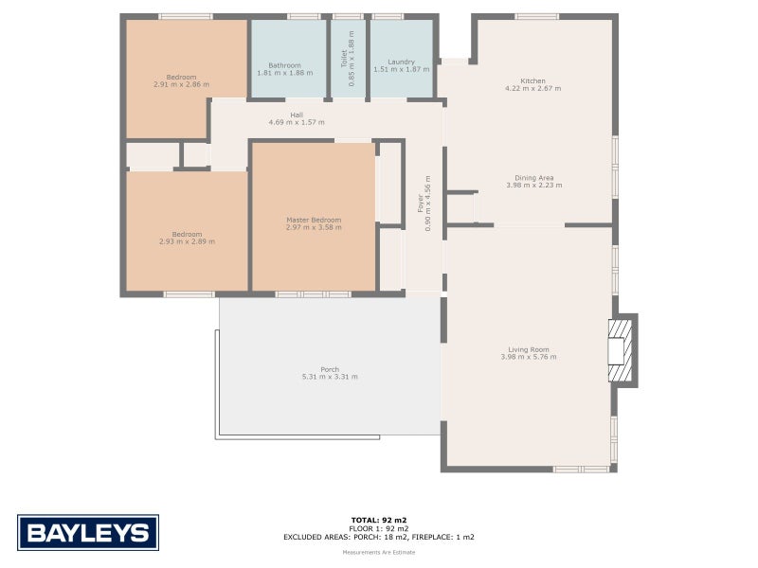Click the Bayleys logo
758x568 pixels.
pos(88,532)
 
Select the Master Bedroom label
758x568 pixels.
pos(314,220)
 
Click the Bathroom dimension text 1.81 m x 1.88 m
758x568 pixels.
pos(284,73)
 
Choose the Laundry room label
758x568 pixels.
pos(401,62)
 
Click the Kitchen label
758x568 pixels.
pos(532,80)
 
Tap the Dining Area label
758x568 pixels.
pos(533,177)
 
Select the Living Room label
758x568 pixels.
pos(528,349)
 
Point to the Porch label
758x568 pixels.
pos(330,369)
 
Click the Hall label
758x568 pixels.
pos(297,115)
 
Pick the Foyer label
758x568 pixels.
pos(421,201)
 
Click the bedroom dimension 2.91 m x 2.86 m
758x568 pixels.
pos(181,84)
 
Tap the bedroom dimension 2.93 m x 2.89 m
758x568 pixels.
pos(187,241)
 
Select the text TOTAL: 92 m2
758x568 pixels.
pos(378,520)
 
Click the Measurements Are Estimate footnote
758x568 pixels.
pos(378,551)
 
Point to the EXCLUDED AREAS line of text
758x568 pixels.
pos(378,537)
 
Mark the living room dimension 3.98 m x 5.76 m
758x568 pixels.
pos(528,357)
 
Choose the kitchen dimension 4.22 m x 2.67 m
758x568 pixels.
pos(532,88)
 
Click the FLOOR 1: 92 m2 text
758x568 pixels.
pos(378,528)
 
